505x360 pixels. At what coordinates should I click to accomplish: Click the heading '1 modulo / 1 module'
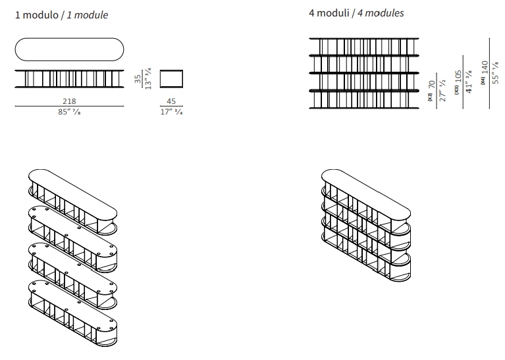click(x=62, y=14)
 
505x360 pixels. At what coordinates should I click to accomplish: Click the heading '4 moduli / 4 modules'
click(x=356, y=13)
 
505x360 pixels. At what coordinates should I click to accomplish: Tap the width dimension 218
click(x=69, y=101)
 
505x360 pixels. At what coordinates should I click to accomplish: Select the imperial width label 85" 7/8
click(x=69, y=111)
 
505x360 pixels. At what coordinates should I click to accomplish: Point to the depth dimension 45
click(x=171, y=101)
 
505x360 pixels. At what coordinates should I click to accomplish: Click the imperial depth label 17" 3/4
click(x=171, y=111)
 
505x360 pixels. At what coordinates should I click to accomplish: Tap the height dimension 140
click(x=485, y=69)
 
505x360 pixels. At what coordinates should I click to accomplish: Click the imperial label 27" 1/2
click(x=442, y=90)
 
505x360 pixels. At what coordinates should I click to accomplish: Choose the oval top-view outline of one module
click(x=69, y=50)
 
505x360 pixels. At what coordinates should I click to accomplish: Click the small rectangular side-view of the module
click(x=171, y=78)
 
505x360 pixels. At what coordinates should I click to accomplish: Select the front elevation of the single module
click(x=69, y=78)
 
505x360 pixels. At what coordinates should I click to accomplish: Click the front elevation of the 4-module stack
click(x=364, y=72)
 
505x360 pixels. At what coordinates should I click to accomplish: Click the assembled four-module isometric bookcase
click(x=365, y=224)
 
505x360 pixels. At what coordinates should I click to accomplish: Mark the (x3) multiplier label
click(x=456, y=89)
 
